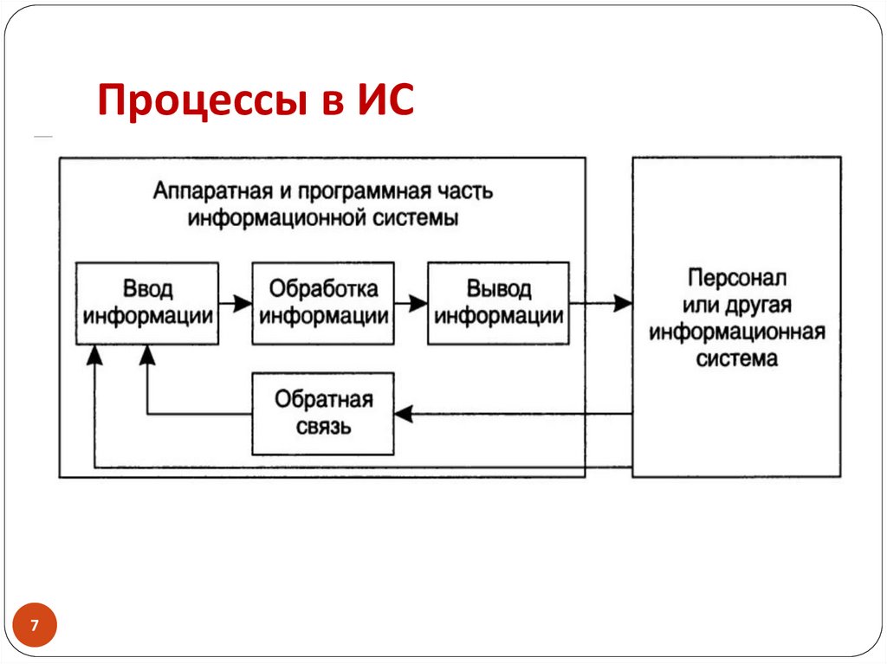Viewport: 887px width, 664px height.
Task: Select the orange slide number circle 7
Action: click(35, 625)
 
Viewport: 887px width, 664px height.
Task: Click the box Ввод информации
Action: click(147, 303)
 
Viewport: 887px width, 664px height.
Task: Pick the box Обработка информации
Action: click(323, 303)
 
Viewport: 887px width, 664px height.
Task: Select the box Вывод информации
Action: click(499, 303)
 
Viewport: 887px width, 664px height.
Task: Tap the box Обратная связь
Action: click(323, 414)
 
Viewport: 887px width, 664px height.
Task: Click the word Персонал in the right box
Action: click(736, 279)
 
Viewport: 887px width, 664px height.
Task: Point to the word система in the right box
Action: click(736, 358)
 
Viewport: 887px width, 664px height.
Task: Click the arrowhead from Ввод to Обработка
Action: click(243, 304)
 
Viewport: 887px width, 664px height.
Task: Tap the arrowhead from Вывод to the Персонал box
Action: click(623, 304)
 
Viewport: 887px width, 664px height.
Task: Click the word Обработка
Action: click(323, 288)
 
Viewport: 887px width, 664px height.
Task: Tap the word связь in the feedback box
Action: click(323, 427)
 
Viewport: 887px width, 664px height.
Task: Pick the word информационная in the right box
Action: click(736, 332)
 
